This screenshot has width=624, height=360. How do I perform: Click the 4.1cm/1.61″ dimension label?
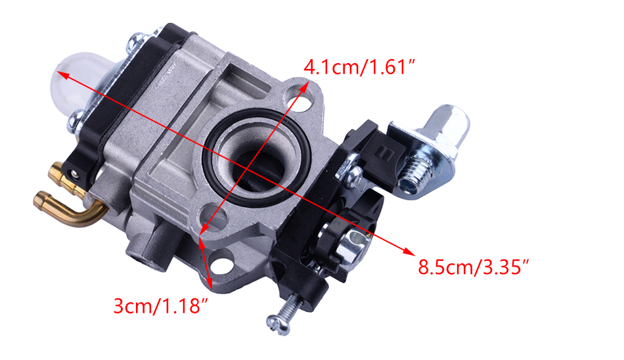click(359, 66)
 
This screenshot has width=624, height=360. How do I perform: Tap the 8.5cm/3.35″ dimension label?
click(474, 267)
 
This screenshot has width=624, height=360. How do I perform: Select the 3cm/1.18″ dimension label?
click(161, 306)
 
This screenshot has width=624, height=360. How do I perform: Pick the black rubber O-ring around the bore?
click(256, 157)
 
